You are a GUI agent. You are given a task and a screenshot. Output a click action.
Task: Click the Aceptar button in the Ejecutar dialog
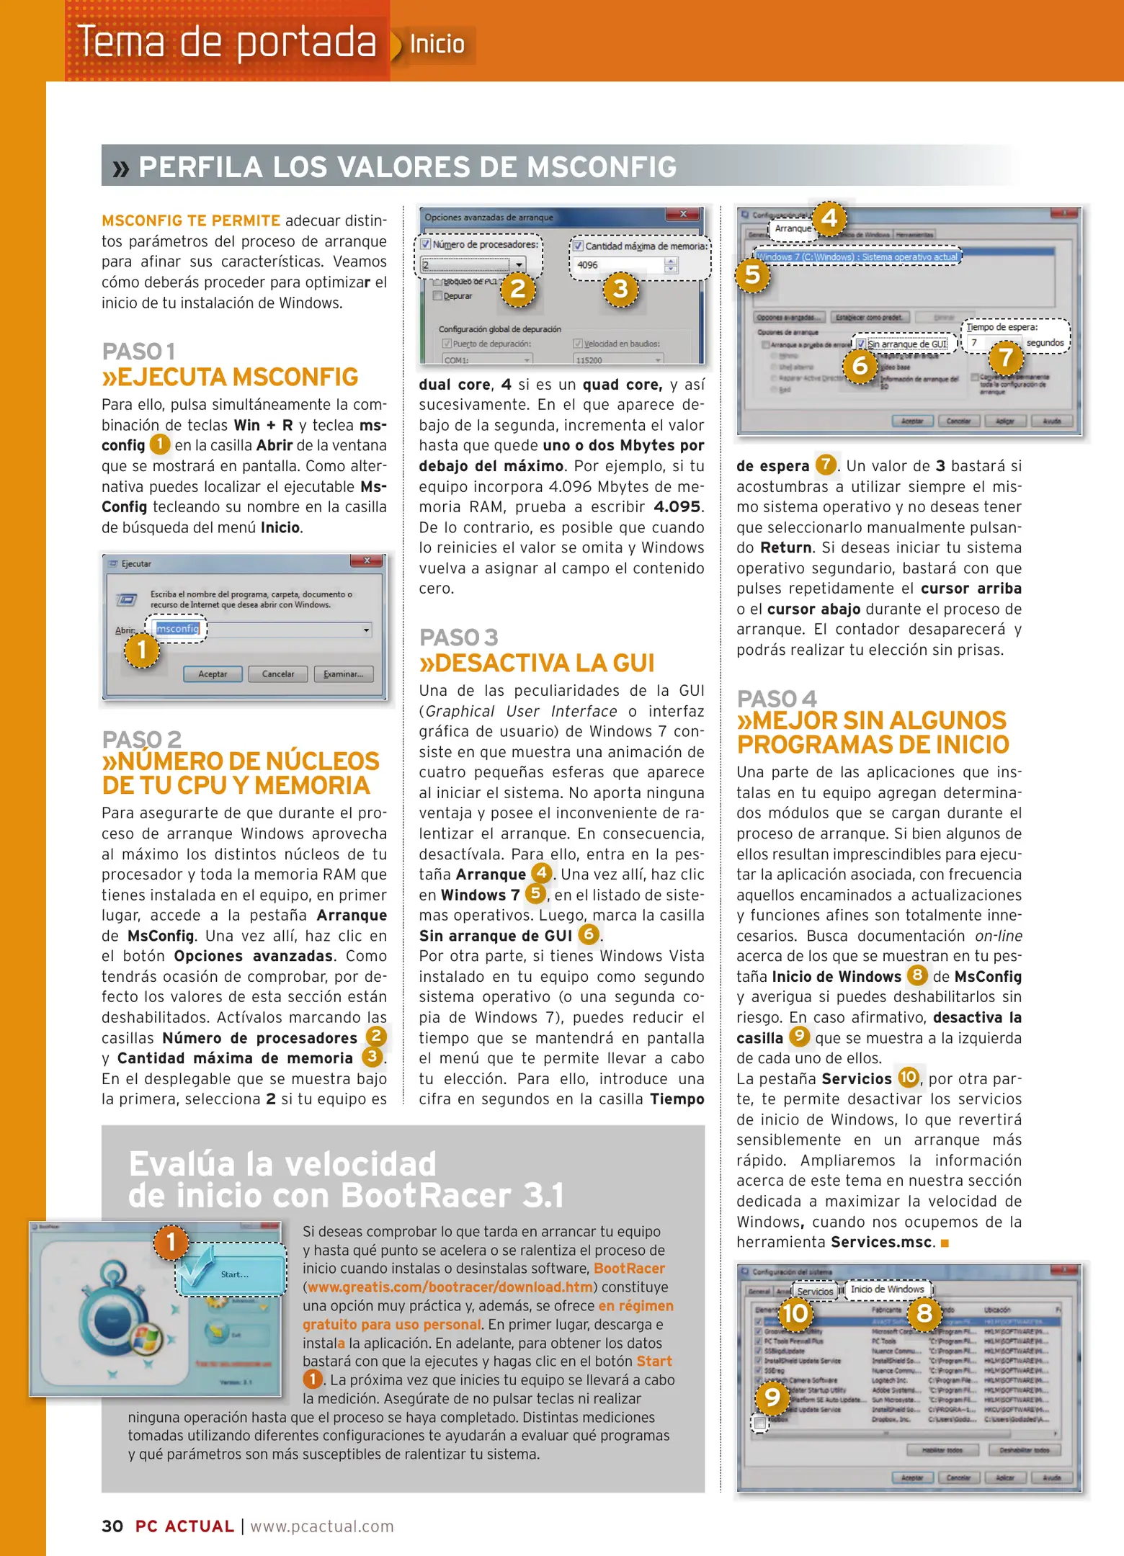[213, 674]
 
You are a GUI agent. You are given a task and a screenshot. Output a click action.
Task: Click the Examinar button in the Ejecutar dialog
[344, 674]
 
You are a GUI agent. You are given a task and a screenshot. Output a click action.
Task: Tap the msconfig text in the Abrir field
[177, 629]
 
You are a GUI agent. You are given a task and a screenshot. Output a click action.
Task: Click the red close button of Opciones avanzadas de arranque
[683, 215]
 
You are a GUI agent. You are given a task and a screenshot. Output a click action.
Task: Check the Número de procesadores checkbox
[426, 244]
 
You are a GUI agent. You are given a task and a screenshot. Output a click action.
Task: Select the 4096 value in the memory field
[588, 265]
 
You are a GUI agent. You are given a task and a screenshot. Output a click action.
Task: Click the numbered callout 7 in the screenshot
[1006, 357]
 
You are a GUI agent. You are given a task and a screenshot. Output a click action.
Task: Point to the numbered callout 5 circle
[752, 274]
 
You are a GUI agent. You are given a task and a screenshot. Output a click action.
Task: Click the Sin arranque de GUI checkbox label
[907, 344]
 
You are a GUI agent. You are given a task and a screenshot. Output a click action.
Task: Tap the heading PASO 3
[459, 638]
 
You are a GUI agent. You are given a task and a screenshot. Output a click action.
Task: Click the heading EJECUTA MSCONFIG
[231, 377]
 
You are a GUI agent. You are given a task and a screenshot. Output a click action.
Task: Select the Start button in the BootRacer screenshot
[232, 1274]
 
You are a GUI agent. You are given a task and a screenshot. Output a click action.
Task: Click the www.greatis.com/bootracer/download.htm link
[450, 1287]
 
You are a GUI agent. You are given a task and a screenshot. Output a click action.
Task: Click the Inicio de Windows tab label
[887, 1289]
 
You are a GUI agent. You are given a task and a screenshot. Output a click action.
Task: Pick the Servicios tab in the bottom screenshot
[815, 1292]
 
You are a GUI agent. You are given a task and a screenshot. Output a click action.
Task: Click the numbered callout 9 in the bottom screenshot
[772, 1398]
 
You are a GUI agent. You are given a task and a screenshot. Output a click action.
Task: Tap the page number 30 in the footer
[112, 1526]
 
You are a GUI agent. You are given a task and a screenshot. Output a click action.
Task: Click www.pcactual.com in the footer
[322, 1526]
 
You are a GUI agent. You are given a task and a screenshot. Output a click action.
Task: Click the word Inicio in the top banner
[437, 45]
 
